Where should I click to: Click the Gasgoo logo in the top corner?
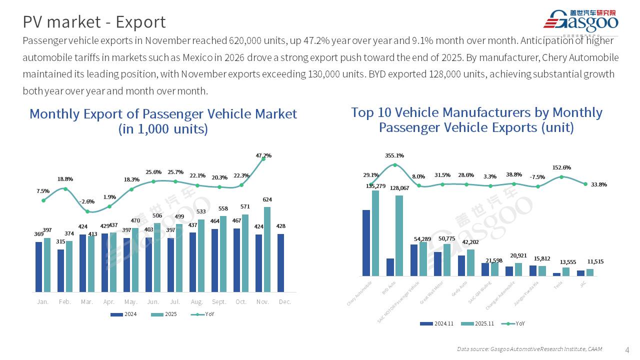coord(580,21)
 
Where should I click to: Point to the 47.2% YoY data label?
coord(263,155)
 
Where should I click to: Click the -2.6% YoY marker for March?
coord(87,211)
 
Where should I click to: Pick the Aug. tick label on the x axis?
coord(196,302)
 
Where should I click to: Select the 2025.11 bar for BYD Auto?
coord(399,235)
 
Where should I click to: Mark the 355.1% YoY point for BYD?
coord(395,165)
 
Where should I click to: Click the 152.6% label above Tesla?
coord(561,167)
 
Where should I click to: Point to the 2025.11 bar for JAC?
coord(590,272)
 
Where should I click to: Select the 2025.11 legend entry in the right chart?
coord(477,323)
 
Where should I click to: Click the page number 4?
coord(627,349)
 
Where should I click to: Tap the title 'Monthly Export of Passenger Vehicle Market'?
coord(163,114)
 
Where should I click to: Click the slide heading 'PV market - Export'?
coord(94,22)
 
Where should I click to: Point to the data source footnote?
coord(529,349)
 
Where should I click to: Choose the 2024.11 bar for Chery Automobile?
coord(366,242)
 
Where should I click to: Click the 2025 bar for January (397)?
coord(47,264)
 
